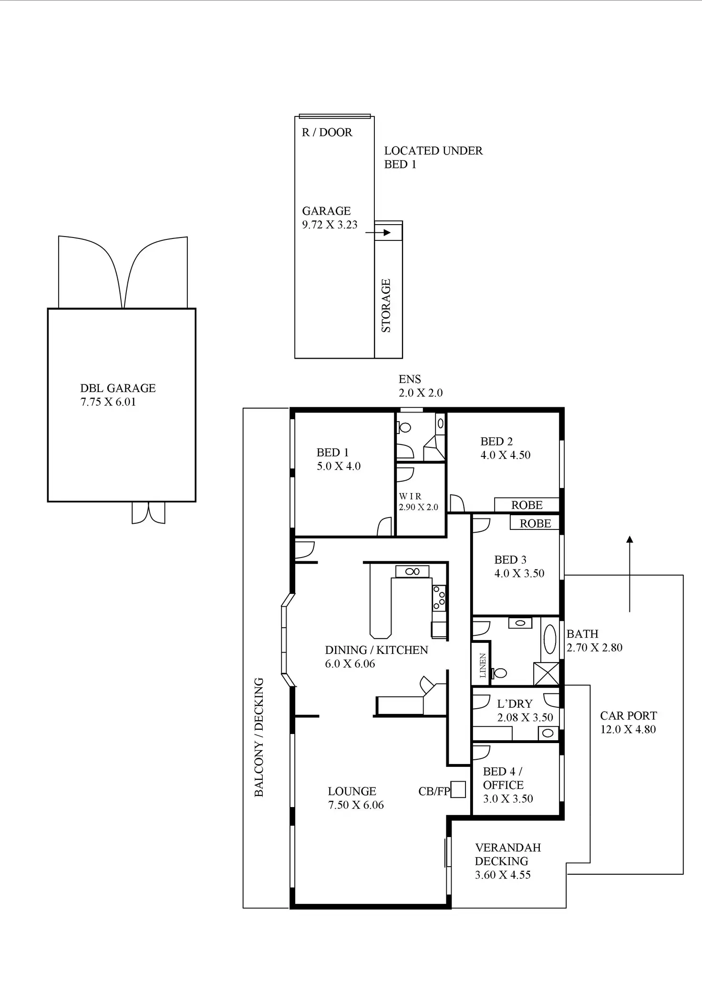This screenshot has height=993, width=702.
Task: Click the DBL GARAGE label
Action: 118,388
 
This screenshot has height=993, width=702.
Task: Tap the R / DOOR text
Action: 327,133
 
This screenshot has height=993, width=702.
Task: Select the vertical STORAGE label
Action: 386,306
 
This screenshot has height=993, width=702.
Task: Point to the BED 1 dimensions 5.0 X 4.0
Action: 339,466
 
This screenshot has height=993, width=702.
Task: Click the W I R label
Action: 410,496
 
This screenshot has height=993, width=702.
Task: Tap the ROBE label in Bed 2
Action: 527,505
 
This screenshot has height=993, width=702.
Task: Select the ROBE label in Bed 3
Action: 535,524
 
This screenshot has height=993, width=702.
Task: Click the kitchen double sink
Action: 413,571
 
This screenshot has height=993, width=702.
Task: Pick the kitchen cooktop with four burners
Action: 439,598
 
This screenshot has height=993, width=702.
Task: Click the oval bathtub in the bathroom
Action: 550,640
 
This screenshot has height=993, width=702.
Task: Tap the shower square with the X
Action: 547,674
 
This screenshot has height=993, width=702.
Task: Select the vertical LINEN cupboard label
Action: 483,665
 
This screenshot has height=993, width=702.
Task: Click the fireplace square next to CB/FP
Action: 458,789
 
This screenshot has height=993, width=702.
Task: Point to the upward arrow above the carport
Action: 630,572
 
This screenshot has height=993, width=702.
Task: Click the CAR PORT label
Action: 628,716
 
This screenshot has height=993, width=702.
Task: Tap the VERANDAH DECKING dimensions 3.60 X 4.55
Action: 503,875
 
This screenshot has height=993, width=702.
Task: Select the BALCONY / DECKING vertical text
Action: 259,737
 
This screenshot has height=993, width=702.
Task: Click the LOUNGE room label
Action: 352,791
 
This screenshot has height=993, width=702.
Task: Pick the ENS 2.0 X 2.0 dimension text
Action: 421,393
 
